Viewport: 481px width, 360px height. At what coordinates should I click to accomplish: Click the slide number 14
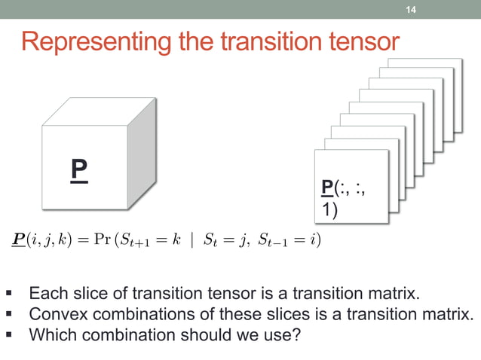tap(411, 10)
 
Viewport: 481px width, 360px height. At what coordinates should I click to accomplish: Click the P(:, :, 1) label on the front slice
tap(344, 197)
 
